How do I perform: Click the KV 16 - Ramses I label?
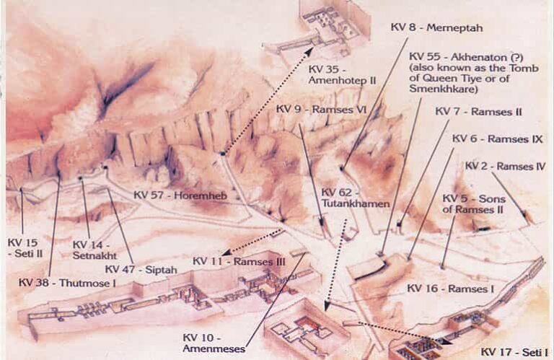[449, 288]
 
